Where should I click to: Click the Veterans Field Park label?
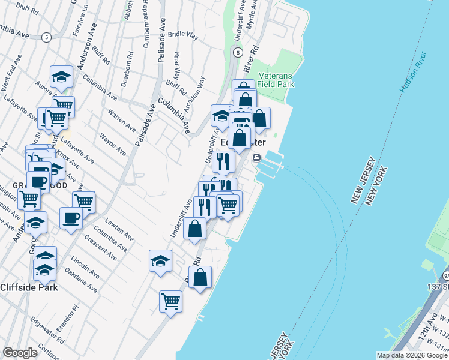(276, 80)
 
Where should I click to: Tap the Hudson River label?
(413, 73)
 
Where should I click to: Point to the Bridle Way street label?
(183, 36)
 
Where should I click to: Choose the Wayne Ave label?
(112, 145)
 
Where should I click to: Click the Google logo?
(20, 353)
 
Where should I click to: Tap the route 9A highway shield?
(446, 275)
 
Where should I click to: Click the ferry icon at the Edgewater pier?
(256, 158)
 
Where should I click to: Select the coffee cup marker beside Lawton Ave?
(71, 217)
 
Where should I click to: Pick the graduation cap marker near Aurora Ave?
(61, 76)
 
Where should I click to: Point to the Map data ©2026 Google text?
(411, 355)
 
